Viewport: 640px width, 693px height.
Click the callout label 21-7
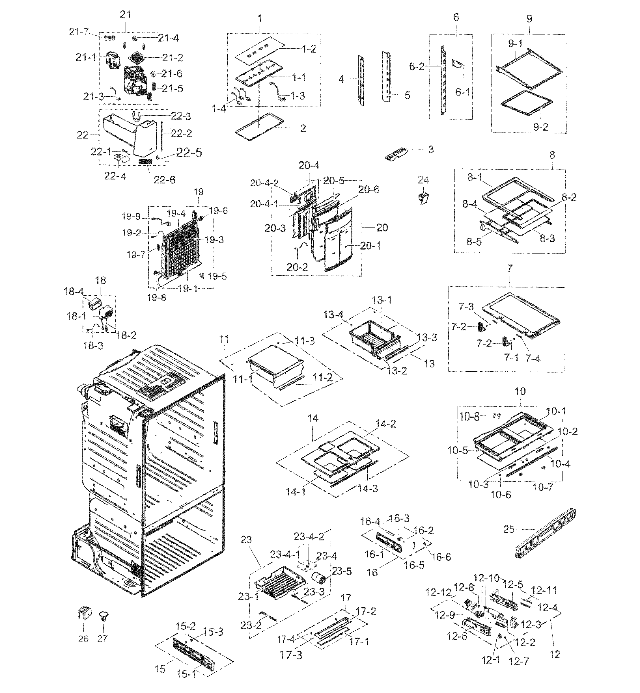pos(79,32)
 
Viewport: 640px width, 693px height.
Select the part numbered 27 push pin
pos(103,616)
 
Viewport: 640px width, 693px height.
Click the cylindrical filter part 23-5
pos(321,578)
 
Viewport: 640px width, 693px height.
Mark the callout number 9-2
pos(541,127)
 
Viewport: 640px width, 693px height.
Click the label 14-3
pos(367,488)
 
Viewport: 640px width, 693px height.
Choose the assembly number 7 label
pos(510,268)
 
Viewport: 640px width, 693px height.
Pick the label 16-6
pos(441,557)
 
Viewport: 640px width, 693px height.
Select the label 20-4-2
pos(264,183)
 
